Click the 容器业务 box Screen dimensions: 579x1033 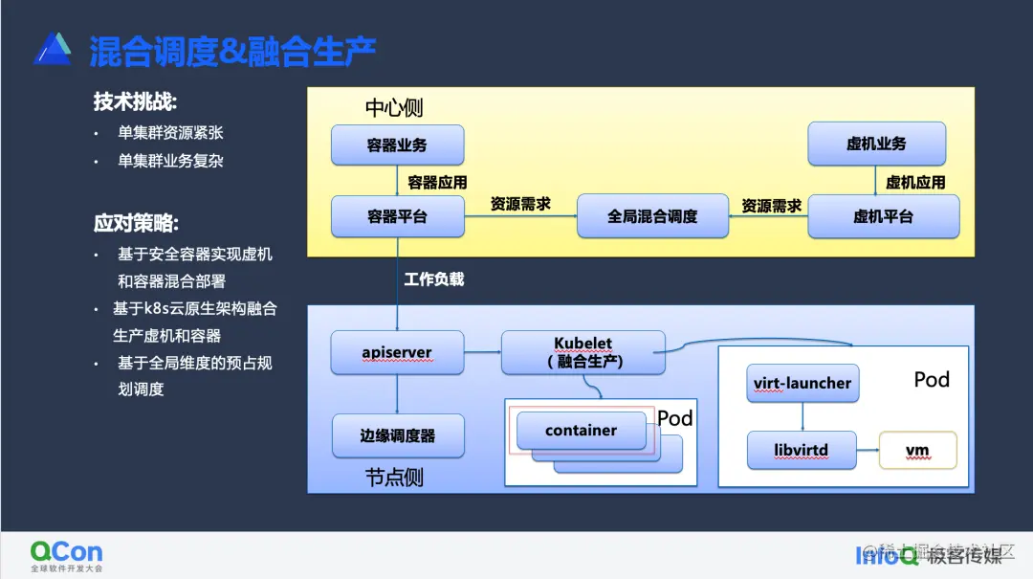point(397,145)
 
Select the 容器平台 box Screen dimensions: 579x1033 point(397,216)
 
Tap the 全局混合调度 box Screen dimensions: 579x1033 point(652,216)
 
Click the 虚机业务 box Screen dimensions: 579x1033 point(876,144)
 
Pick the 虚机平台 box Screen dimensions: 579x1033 point(883,216)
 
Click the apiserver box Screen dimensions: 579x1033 point(397,352)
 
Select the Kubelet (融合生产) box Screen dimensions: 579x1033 point(582,352)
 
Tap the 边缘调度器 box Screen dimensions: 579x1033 point(398,435)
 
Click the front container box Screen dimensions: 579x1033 point(581,431)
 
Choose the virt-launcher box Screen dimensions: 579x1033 point(802,383)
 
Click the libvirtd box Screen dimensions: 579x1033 point(802,450)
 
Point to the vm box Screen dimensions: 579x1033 point(917,450)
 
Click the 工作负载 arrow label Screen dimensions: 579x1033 point(433,279)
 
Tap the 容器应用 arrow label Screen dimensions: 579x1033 point(437,182)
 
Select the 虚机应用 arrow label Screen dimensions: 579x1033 point(915,182)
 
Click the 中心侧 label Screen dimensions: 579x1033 point(393,107)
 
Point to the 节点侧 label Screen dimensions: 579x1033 point(394,477)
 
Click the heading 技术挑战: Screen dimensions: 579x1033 point(135,101)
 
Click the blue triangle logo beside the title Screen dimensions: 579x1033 point(53,49)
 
